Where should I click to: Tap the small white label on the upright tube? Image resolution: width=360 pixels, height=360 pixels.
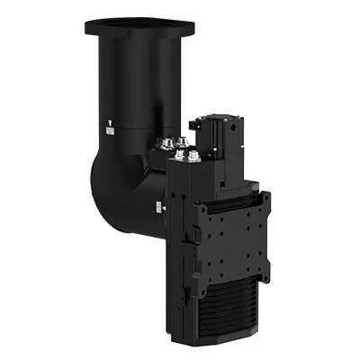coord(111,129)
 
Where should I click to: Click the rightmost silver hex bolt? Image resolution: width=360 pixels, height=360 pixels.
coord(194,159)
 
